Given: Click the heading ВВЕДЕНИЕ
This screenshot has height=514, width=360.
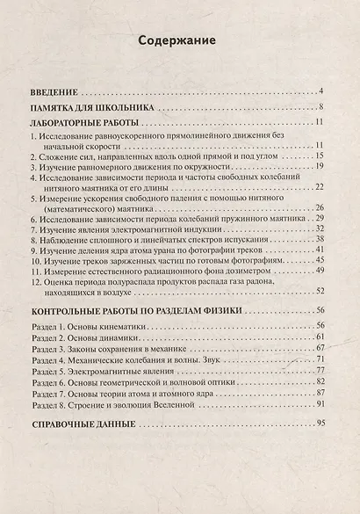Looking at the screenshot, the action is point(54,90).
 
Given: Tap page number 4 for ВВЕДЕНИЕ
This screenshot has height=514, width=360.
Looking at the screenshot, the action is point(322,90).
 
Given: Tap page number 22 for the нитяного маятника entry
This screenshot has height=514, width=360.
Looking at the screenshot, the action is point(320,187).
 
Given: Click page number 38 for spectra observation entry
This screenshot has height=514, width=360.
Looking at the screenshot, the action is point(320,239).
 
